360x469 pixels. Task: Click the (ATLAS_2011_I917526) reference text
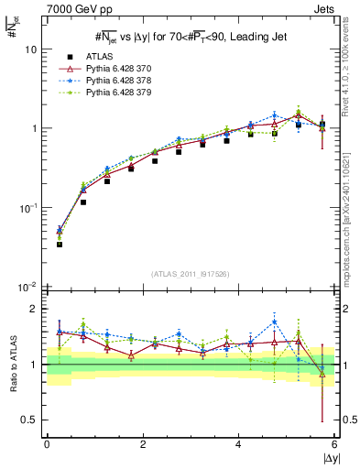point(191,274)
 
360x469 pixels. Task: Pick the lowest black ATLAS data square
point(60,245)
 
